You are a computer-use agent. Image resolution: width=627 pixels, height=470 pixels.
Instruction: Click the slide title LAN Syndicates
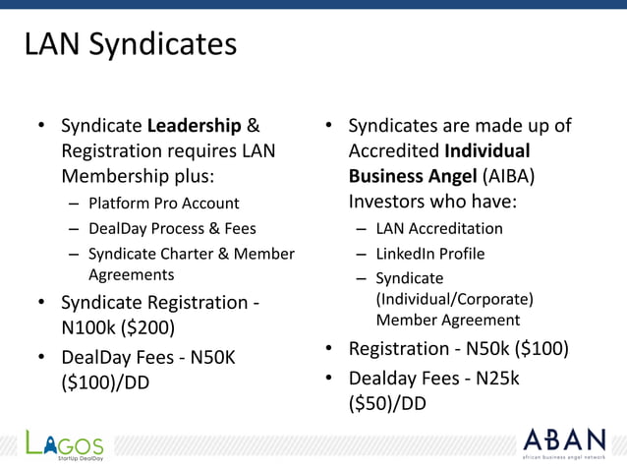pyautogui.click(x=130, y=45)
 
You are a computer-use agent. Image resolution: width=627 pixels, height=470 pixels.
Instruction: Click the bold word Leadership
pyautogui.click(x=195, y=127)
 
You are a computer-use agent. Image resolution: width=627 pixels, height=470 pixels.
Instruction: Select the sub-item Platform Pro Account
pyautogui.click(x=163, y=204)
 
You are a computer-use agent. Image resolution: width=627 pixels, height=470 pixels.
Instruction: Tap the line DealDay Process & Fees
pyautogui.click(x=172, y=228)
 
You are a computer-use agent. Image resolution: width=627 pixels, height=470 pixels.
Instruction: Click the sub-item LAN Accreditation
pyautogui.click(x=439, y=228)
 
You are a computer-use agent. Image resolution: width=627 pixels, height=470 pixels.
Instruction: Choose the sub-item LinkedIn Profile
pyautogui.click(x=429, y=254)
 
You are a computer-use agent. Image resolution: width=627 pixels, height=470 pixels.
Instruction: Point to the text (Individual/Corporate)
pyautogui.click(x=454, y=299)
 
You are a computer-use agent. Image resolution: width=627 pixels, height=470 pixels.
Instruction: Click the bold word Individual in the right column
pyautogui.click(x=486, y=151)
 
